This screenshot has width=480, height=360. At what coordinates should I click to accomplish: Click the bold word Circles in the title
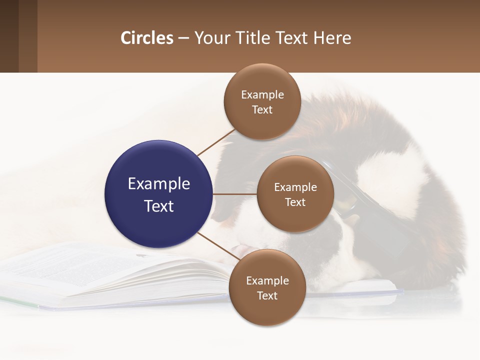coord(147,38)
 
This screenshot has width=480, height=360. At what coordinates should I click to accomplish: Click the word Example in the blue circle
coord(159,184)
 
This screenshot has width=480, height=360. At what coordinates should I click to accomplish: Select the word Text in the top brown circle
coord(262,110)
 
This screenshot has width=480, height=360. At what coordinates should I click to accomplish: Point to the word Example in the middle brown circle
coord(295,187)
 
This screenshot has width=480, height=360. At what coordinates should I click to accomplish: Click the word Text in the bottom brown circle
coord(267,296)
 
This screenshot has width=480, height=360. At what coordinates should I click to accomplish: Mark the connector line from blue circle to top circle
coord(216,142)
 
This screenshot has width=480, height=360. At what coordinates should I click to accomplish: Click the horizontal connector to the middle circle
coord(235,194)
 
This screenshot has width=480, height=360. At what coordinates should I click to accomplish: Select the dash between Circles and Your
coord(183,38)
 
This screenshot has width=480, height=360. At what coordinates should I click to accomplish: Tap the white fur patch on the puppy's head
coord(395,175)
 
